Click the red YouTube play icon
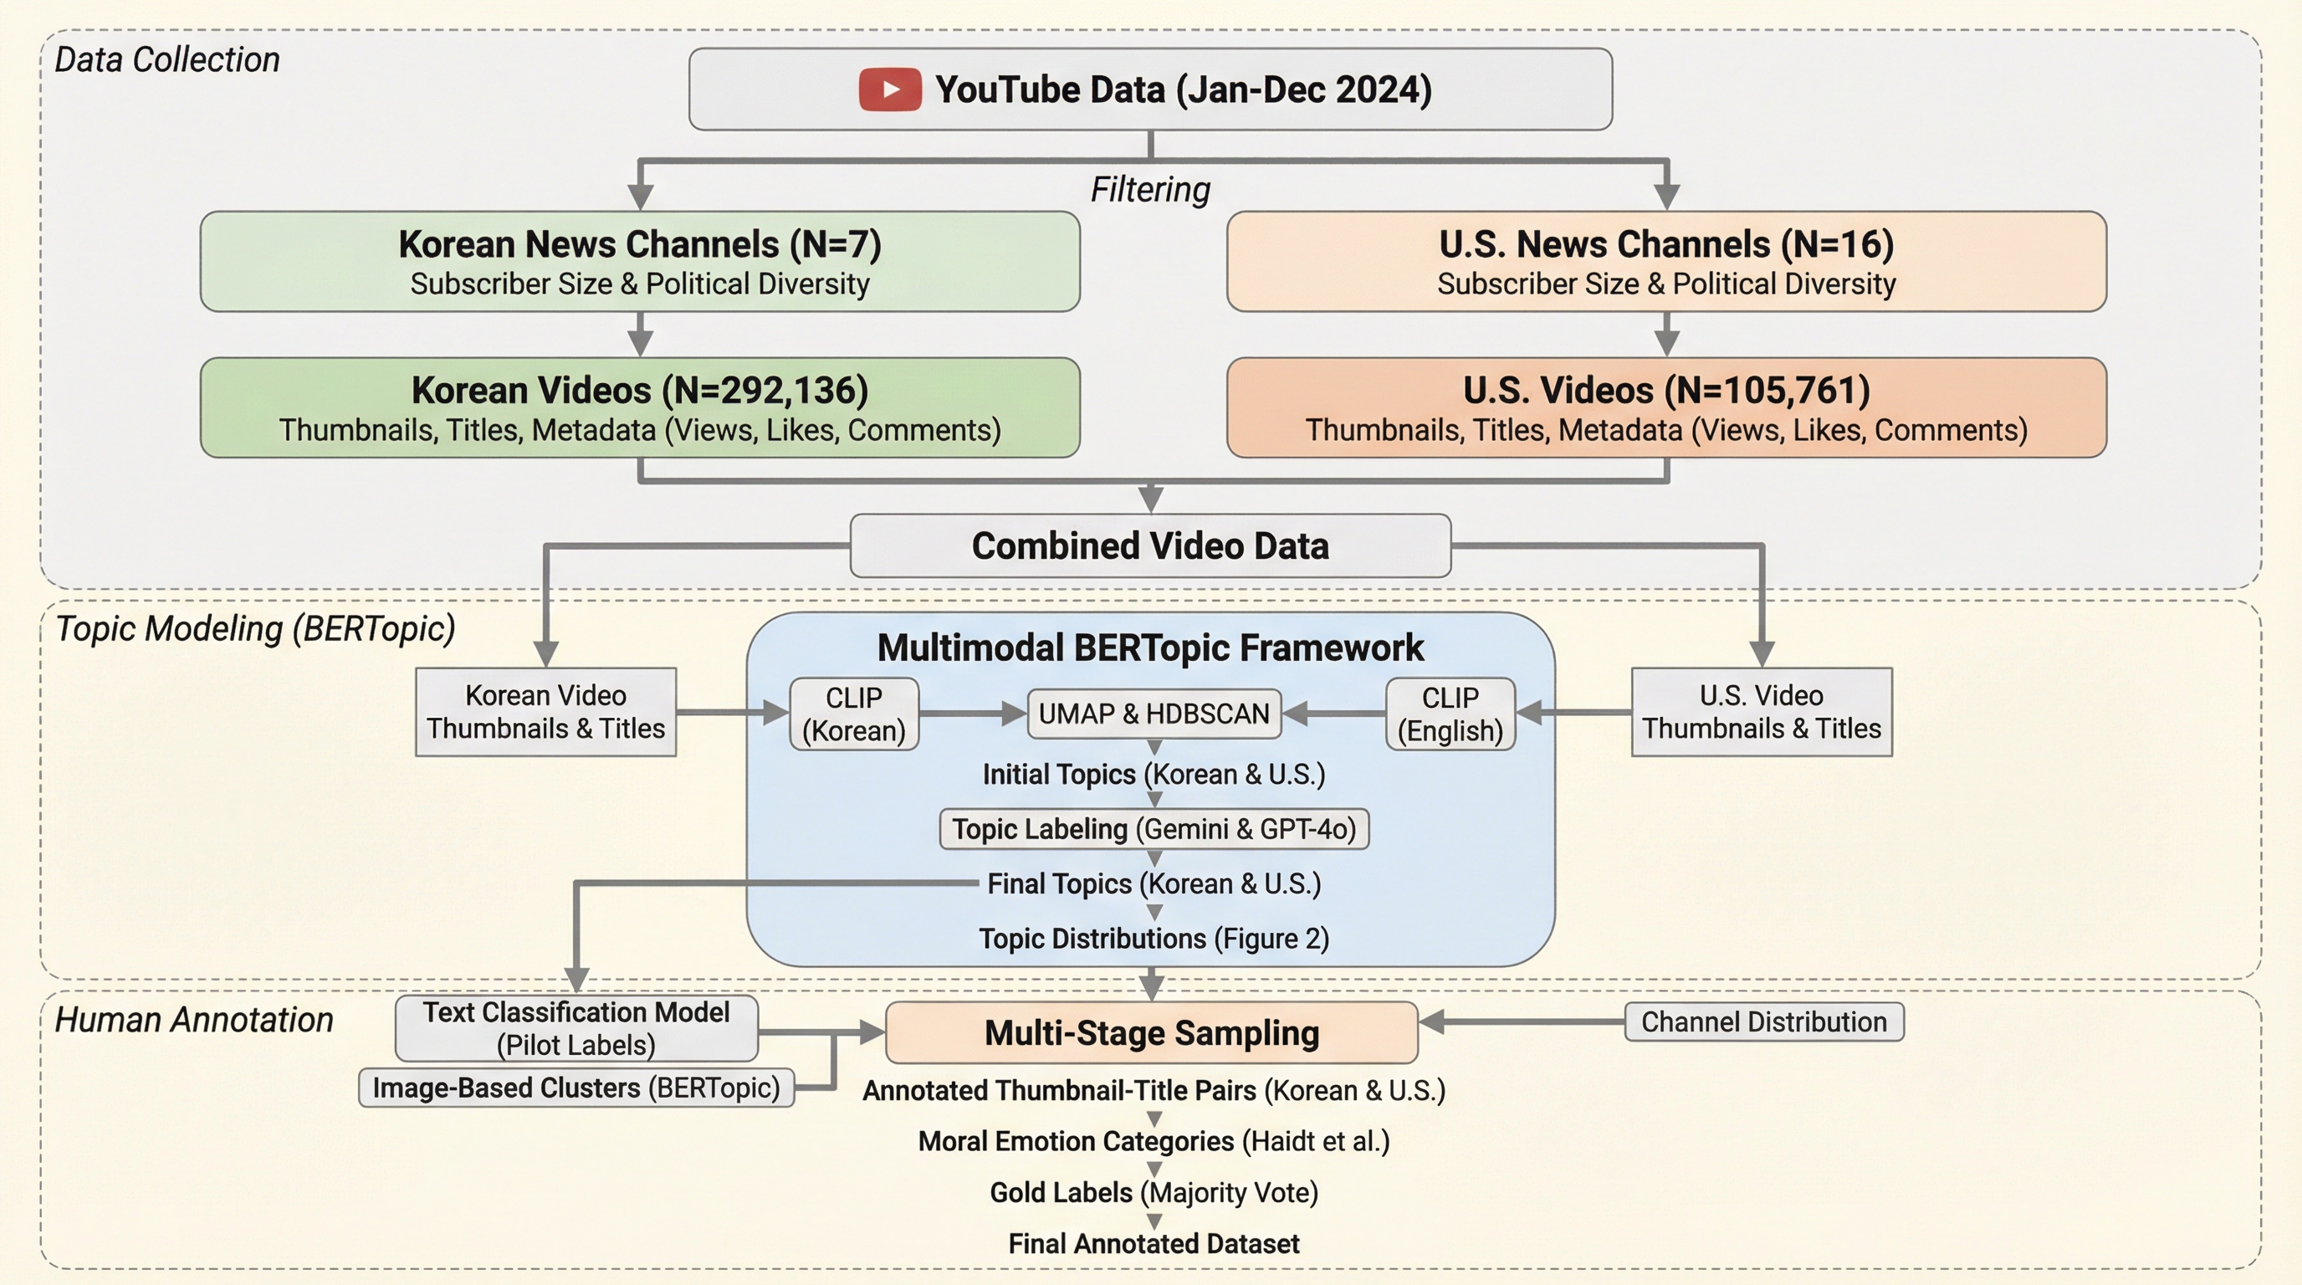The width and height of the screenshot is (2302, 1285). pos(889,90)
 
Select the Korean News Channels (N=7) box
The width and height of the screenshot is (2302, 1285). pos(640,261)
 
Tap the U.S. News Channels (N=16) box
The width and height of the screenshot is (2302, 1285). pos(1665,261)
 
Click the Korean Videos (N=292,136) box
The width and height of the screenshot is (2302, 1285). pos(640,407)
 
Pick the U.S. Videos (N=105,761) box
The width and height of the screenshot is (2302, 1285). pos(1665,407)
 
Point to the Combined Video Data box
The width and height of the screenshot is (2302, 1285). pos(1150,545)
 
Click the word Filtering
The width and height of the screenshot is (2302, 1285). pos(1150,189)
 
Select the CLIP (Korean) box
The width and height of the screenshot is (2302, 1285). pos(853,713)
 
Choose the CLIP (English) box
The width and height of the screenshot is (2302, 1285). pos(1450,713)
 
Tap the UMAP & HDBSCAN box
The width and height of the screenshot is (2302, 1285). pos(1154,713)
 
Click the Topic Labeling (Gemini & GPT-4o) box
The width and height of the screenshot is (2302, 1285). pos(1154,828)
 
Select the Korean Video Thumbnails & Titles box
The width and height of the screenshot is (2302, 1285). pos(545,711)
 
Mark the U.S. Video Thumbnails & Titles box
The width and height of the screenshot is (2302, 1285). pos(1762,711)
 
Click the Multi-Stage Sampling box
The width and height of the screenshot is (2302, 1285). pos(1151,1032)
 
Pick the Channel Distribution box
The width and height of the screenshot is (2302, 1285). pos(1763,1021)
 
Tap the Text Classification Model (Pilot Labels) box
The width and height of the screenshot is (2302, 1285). pos(575,1027)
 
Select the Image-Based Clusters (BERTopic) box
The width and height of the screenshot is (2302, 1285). pos(575,1088)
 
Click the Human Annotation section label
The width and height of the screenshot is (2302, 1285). pos(194,1020)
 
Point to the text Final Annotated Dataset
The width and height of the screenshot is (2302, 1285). pos(1154,1243)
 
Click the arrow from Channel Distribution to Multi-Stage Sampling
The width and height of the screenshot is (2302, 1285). pos(1519,1021)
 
